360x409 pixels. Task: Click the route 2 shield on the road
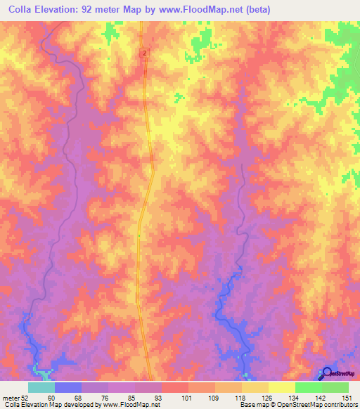(x=144, y=53)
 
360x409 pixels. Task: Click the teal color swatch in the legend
(x=41, y=387)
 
